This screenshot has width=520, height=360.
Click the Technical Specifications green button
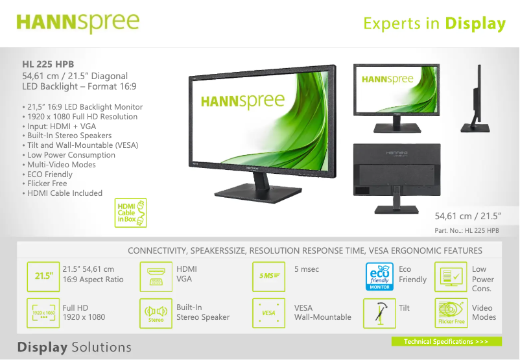[446, 341]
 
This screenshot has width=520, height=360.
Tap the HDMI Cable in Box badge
[131, 213]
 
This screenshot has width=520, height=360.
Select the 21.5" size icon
[43, 275]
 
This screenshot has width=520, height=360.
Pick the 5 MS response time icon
[268, 275]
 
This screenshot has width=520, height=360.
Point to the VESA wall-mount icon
[268, 313]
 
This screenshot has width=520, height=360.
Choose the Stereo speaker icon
[156, 313]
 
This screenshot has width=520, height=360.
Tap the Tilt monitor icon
[379, 313]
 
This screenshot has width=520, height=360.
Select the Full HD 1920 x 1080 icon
[43, 313]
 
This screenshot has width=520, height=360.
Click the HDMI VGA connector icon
[156, 275]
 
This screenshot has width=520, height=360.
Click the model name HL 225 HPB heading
[48, 64]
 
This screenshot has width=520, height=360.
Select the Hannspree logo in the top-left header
[78, 22]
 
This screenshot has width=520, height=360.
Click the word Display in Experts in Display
[475, 24]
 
